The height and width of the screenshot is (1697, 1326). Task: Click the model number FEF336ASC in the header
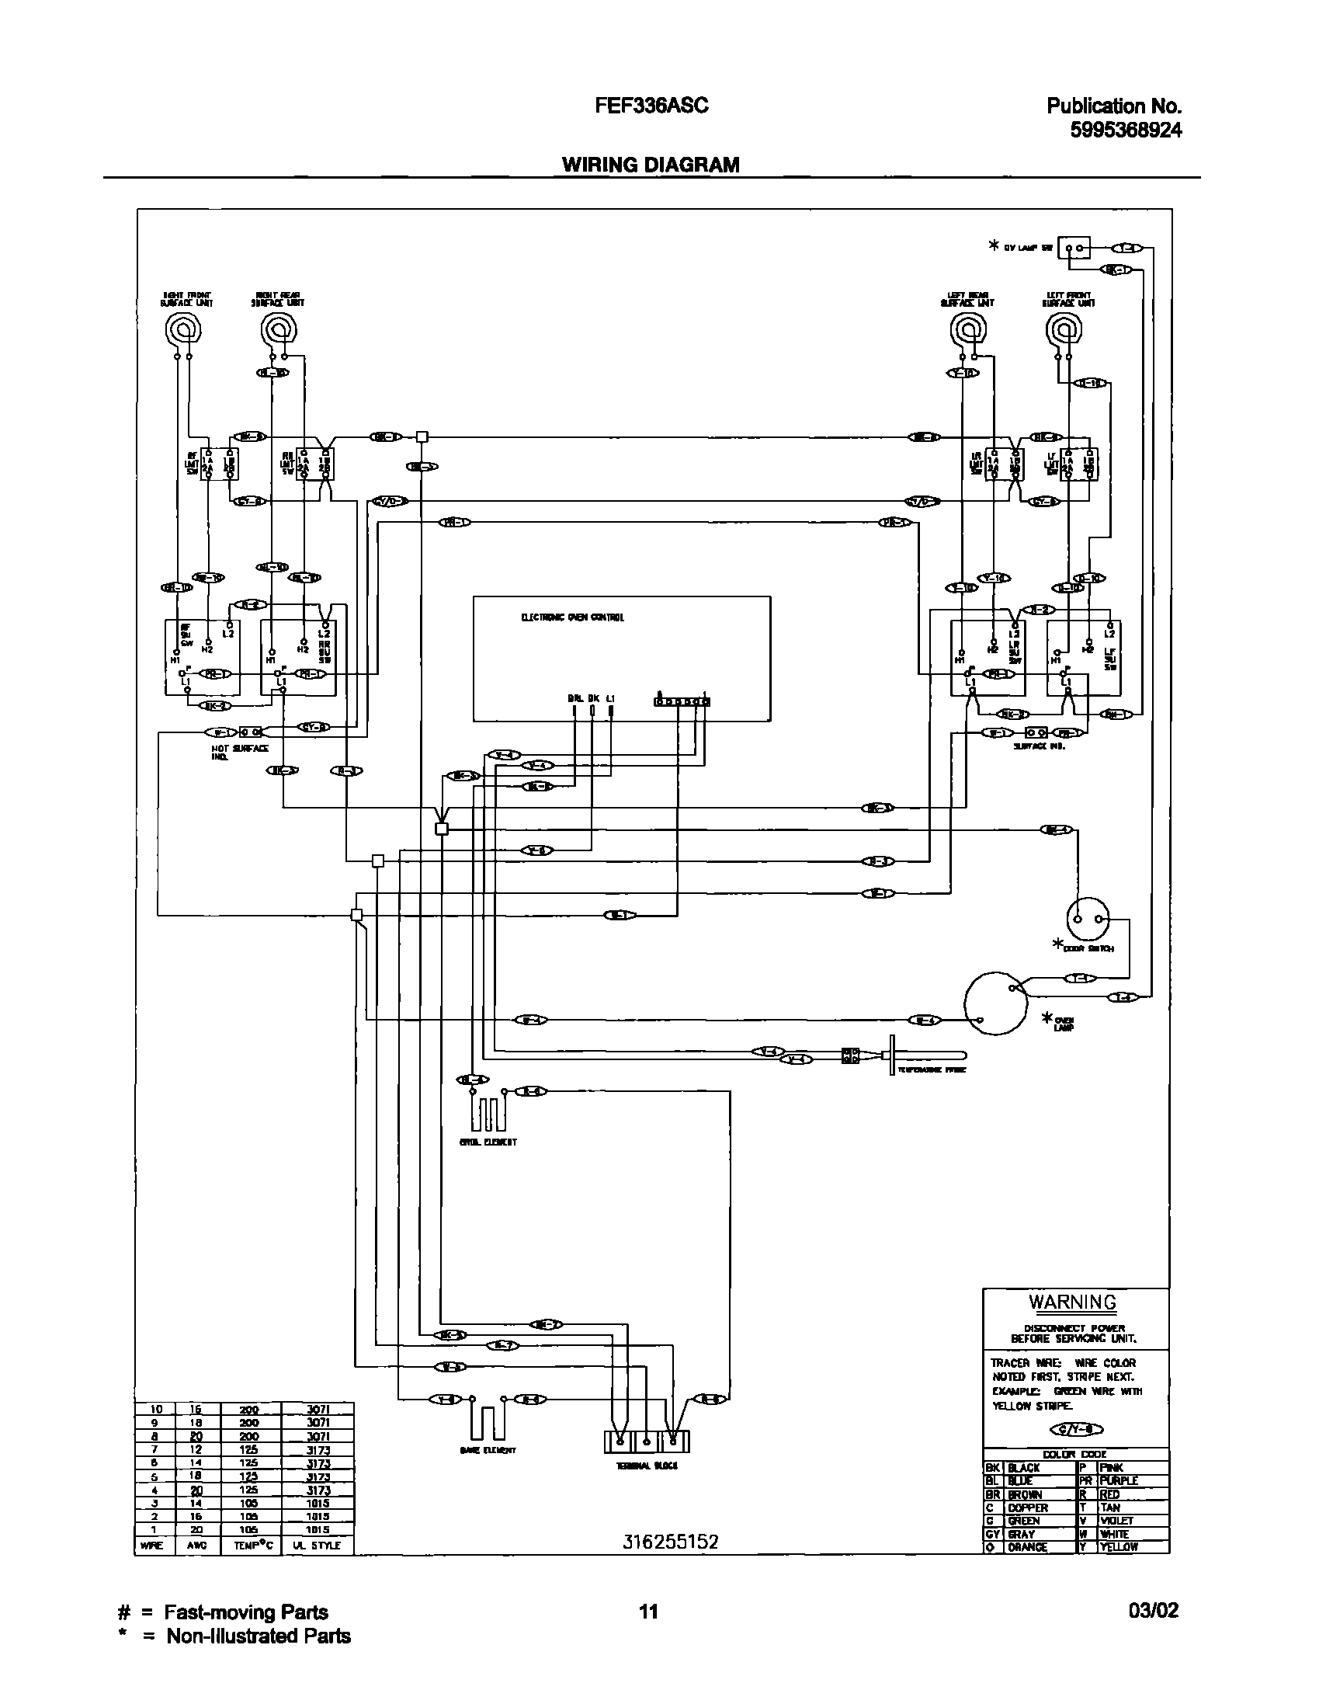click(651, 106)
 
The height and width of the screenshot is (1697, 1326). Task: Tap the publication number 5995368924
click(1126, 130)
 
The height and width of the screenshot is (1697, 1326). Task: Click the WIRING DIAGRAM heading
click(651, 165)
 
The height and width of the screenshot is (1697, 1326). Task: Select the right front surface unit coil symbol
click(183, 332)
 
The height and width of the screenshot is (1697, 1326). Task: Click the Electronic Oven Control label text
click(572, 617)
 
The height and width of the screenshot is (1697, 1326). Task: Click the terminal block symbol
click(646, 1441)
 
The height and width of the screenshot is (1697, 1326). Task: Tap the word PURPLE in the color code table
click(1119, 1481)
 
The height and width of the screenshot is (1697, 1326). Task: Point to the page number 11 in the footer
click(648, 1612)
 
